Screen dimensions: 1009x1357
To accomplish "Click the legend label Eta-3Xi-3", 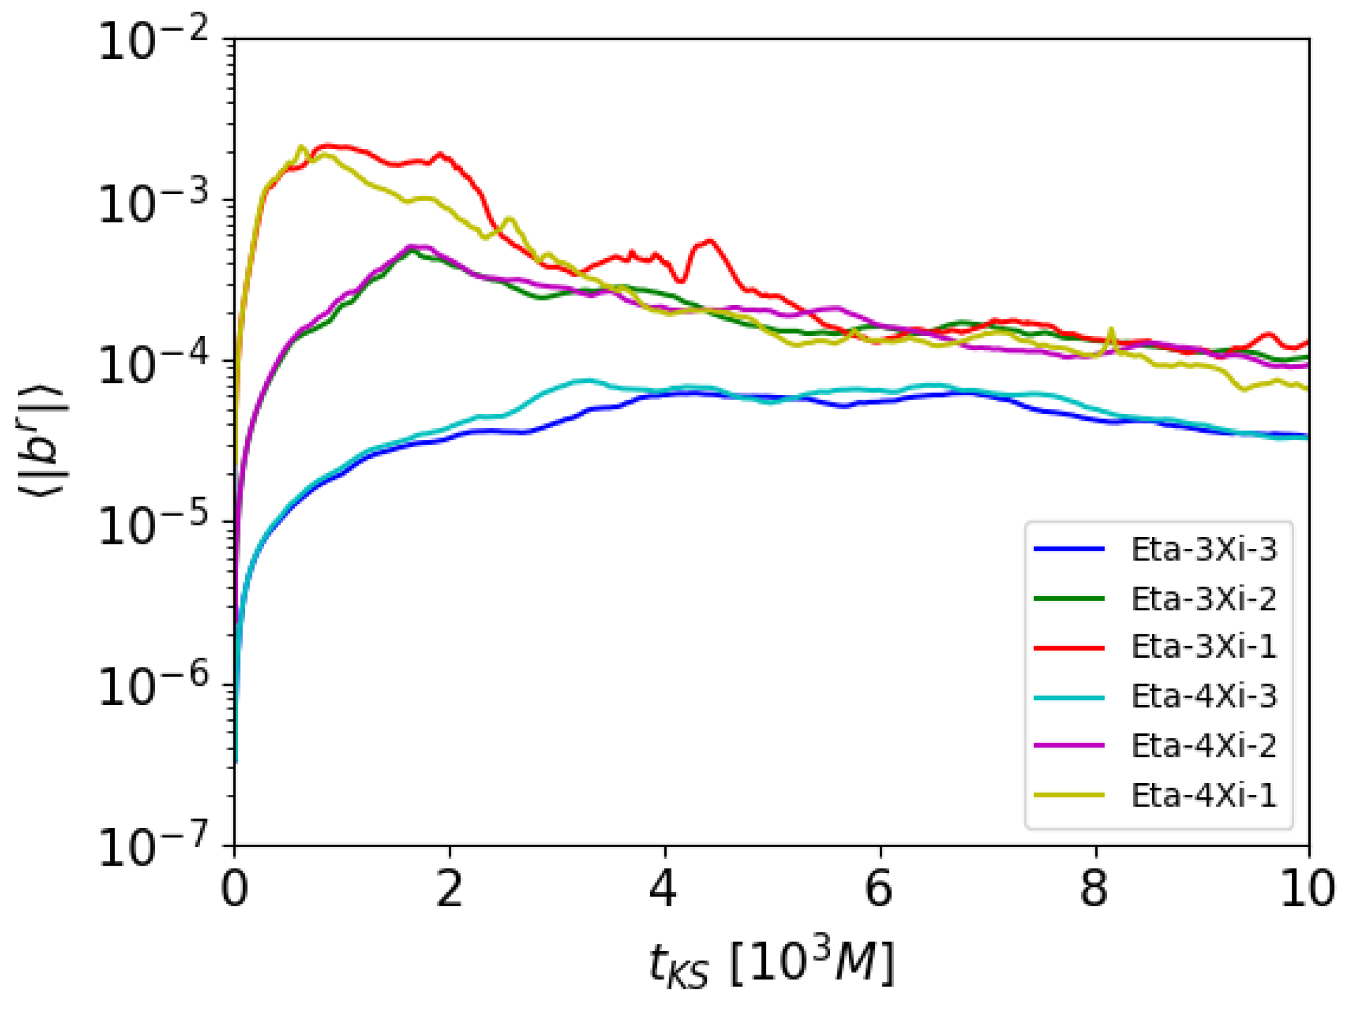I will pos(1204,549).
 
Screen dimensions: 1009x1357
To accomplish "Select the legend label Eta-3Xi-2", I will pos(1204,599).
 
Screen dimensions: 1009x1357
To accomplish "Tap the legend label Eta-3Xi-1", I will pos(1204,647).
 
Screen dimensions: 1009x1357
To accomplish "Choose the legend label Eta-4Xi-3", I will pos(1204,696).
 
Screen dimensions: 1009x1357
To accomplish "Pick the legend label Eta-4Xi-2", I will pos(1204,746).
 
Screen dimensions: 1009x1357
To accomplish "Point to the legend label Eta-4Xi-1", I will pos(1204,796).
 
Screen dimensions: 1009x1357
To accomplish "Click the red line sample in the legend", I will pos(1069,648).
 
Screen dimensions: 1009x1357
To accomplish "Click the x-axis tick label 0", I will pos(234,890).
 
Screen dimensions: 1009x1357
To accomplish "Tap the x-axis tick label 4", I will pos(664,890).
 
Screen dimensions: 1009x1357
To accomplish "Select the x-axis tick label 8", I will pos(1095,890).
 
